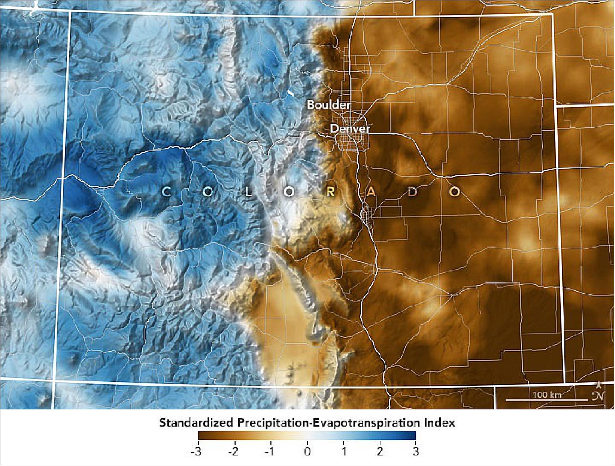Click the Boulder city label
329,104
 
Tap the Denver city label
350,128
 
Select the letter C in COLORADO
166,192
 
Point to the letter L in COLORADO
249,192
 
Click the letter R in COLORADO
331,192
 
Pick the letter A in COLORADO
372,192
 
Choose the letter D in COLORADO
413,192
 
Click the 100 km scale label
547,395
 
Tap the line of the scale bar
547,400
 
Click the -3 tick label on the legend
196,451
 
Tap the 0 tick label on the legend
307,451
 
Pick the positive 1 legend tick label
344,451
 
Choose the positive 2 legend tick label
380,451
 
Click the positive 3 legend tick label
416,451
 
